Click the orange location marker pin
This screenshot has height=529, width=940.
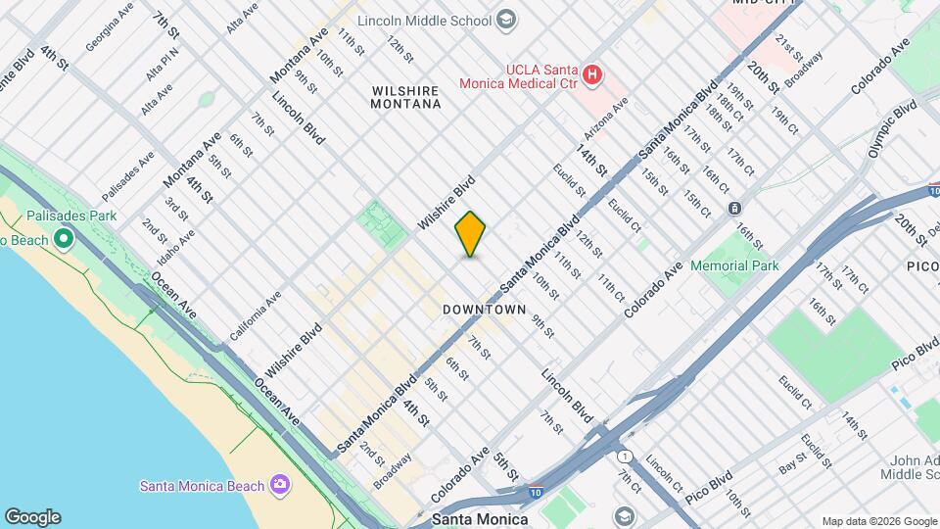[470, 235]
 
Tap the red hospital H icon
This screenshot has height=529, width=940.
[590, 73]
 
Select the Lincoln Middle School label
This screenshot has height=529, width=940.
[424, 20]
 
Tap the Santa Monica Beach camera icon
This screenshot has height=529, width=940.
[280, 485]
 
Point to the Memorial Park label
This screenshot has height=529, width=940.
[734, 265]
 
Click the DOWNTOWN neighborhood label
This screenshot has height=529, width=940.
[485, 310]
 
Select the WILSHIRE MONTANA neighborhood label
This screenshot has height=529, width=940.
[405, 96]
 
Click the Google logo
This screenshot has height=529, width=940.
[31, 517]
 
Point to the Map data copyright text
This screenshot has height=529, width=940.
[878, 521]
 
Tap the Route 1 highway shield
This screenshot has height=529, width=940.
[624, 457]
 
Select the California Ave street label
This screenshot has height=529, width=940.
[255, 315]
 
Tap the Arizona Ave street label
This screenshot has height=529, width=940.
[606, 119]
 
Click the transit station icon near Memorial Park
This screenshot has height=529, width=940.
[734, 208]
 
